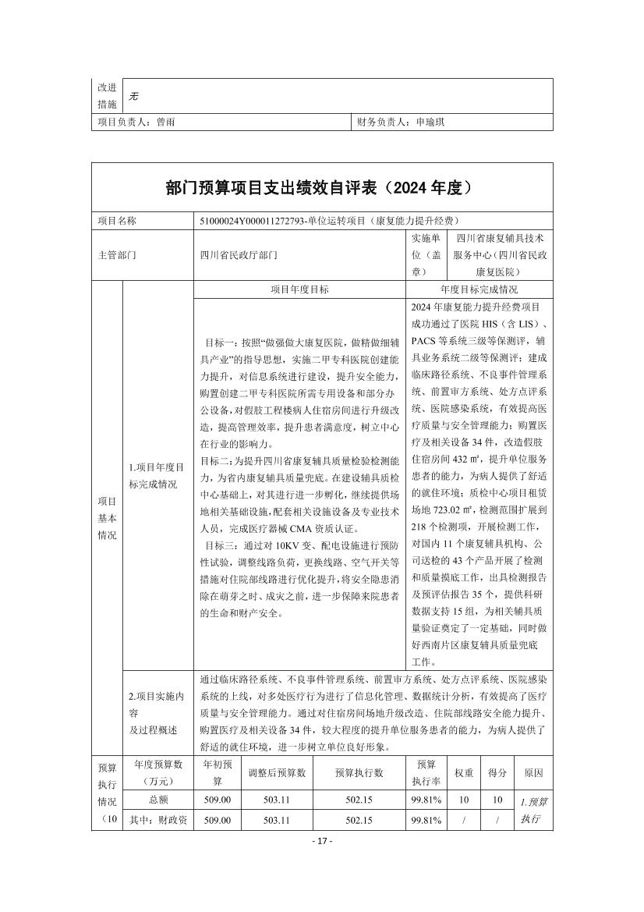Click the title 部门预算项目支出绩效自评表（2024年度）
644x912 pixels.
[321, 188]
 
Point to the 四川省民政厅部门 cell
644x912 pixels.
[239, 255]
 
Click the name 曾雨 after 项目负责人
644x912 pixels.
[165, 122]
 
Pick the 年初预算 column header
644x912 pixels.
[218, 773]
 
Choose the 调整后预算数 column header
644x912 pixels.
[278, 773]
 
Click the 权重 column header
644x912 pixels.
[464, 773]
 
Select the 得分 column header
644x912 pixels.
[497, 773]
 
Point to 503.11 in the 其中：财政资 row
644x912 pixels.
[278, 820]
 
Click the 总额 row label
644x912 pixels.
[157, 800]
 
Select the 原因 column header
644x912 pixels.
[533, 773]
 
